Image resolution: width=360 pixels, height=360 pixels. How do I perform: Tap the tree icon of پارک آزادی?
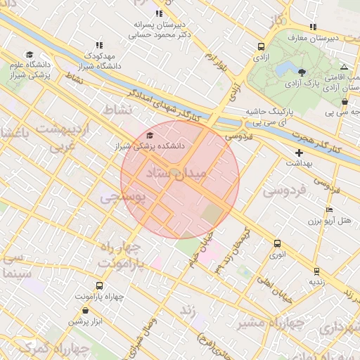pos(302,72)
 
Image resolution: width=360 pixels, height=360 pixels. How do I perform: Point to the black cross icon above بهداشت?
pos(300,153)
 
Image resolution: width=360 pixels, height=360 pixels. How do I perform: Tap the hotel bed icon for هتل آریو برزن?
pos(329,210)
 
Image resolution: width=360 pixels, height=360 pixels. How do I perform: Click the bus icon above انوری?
pos(277,244)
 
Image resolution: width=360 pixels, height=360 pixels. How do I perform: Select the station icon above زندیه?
pos(316,271)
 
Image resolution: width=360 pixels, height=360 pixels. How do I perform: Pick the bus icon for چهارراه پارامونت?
pos(98,286)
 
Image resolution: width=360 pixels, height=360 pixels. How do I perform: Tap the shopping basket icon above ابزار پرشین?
pos(85,310)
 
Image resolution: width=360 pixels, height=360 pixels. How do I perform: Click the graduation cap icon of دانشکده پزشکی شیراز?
pos(149,136)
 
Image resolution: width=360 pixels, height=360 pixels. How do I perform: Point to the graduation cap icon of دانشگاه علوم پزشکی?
pos(30,55)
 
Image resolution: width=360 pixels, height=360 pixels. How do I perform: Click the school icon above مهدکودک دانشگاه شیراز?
pos(98,44)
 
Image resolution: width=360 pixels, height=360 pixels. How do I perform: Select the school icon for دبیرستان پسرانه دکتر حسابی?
pos(159,13)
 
